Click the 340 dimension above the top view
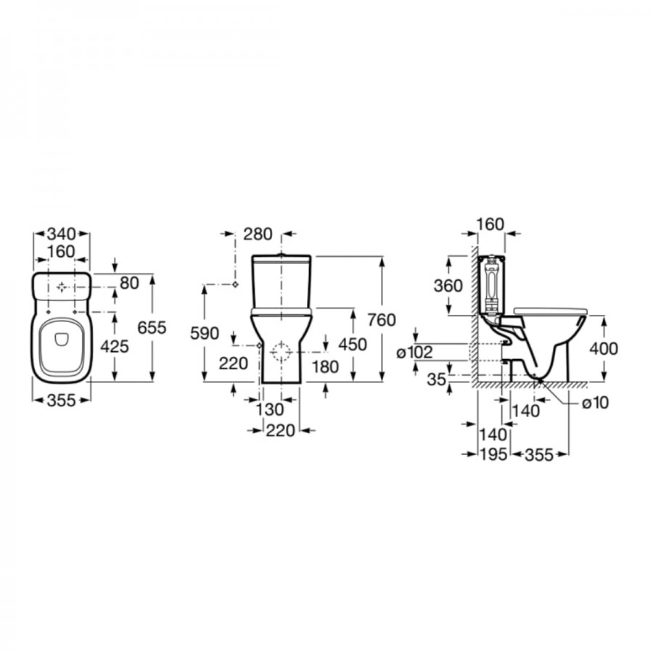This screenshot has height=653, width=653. (61, 234)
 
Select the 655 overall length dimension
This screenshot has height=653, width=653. (152, 328)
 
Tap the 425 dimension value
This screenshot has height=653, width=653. (115, 347)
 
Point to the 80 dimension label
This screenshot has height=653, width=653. (129, 283)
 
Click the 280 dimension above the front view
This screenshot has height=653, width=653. (258, 234)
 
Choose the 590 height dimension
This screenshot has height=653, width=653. (205, 333)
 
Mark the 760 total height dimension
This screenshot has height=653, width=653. (382, 320)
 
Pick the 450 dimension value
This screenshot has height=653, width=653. (353, 345)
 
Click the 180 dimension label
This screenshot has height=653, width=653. (325, 367)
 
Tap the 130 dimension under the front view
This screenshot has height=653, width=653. (269, 409)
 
